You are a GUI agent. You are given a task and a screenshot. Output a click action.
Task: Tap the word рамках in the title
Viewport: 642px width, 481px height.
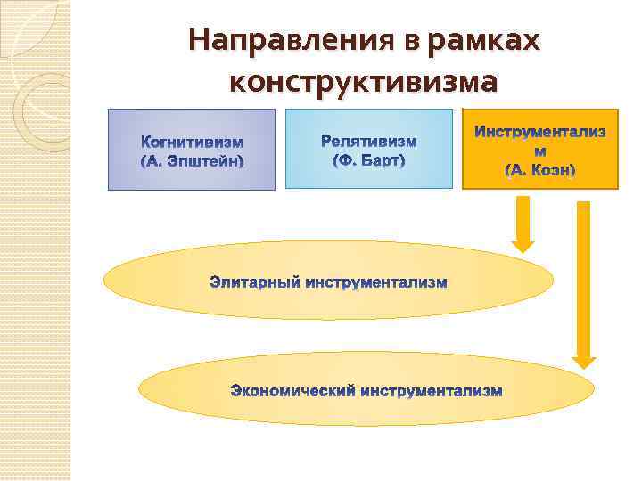click(x=484, y=41)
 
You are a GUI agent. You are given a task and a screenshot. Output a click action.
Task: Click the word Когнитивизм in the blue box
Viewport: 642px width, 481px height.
click(x=193, y=143)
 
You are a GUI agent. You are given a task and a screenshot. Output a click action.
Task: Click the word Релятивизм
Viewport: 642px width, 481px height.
click(x=368, y=142)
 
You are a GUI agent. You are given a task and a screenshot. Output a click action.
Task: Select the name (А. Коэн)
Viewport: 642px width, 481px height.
click(x=540, y=169)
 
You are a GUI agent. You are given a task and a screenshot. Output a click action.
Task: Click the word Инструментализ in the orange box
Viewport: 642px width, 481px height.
click(x=540, y=132)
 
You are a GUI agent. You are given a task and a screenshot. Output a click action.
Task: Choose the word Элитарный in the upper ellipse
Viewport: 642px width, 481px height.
click(x=255, y=283)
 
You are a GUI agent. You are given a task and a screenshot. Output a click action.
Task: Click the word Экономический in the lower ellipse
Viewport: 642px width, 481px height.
click(x=293, y=391)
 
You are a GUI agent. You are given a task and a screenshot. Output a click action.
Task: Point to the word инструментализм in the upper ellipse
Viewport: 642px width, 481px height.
click(x=376, y=283)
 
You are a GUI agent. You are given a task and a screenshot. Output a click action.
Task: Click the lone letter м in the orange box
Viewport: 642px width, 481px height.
click(x=540, y=151)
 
